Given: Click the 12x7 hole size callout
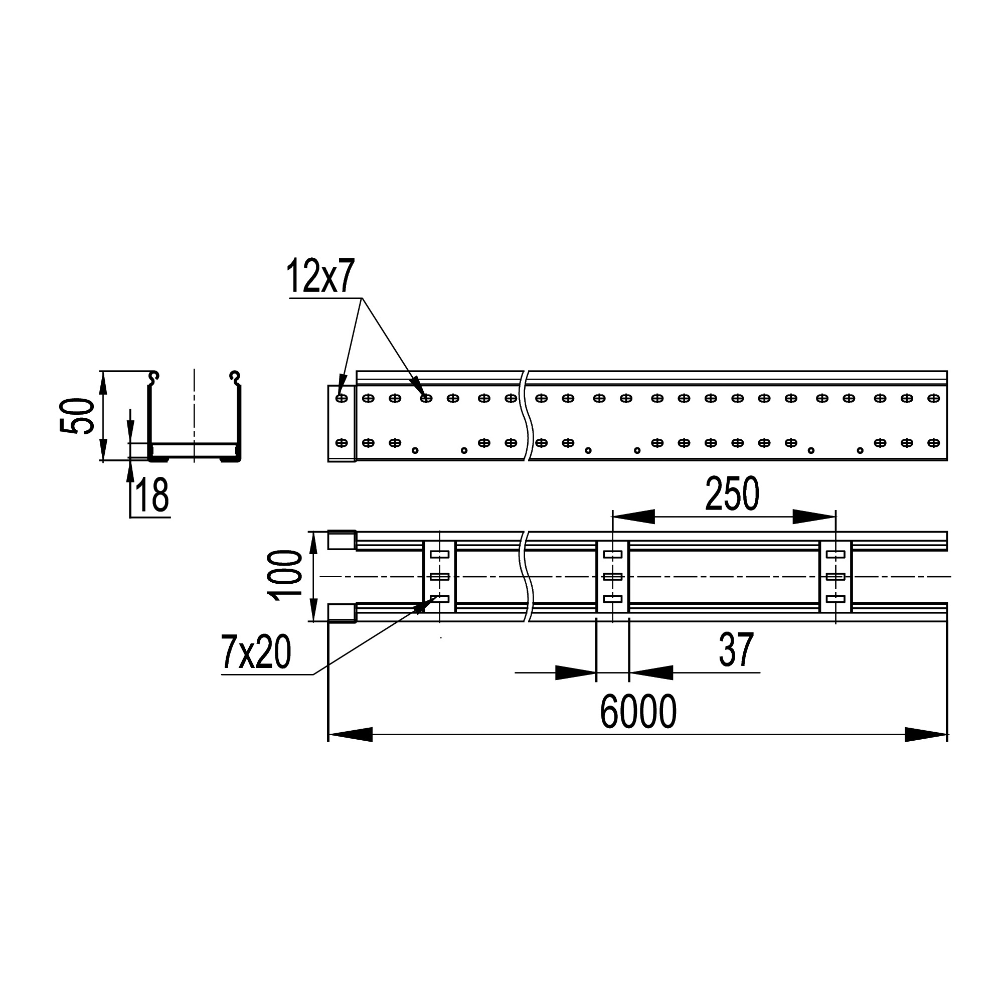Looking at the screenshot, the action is (320, 276).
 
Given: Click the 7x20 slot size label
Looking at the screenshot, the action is (256, 652).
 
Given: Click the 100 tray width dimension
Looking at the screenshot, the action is (284, 576).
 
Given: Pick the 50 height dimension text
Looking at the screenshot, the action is (77, 416).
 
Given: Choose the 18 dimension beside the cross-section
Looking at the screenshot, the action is (152, 495).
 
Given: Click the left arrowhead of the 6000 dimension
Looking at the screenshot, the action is (351, 735).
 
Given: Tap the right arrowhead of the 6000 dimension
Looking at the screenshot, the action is (926, 735).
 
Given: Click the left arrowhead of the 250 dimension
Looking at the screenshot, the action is (634, 517).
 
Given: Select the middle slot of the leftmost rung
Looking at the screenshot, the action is (440, 576).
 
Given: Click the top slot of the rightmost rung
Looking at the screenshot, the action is (835, 555).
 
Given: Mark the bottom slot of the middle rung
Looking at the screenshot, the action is (613, 599).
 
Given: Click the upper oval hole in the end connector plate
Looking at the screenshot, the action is (342, 398).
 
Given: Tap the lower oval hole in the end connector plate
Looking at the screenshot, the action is (342, 443).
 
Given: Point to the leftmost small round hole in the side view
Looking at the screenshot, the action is (415, 450).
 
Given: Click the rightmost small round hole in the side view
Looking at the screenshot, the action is (860, 450).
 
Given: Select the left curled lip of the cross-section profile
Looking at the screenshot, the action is (153, 378).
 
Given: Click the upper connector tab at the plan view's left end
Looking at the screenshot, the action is (342, 540).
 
